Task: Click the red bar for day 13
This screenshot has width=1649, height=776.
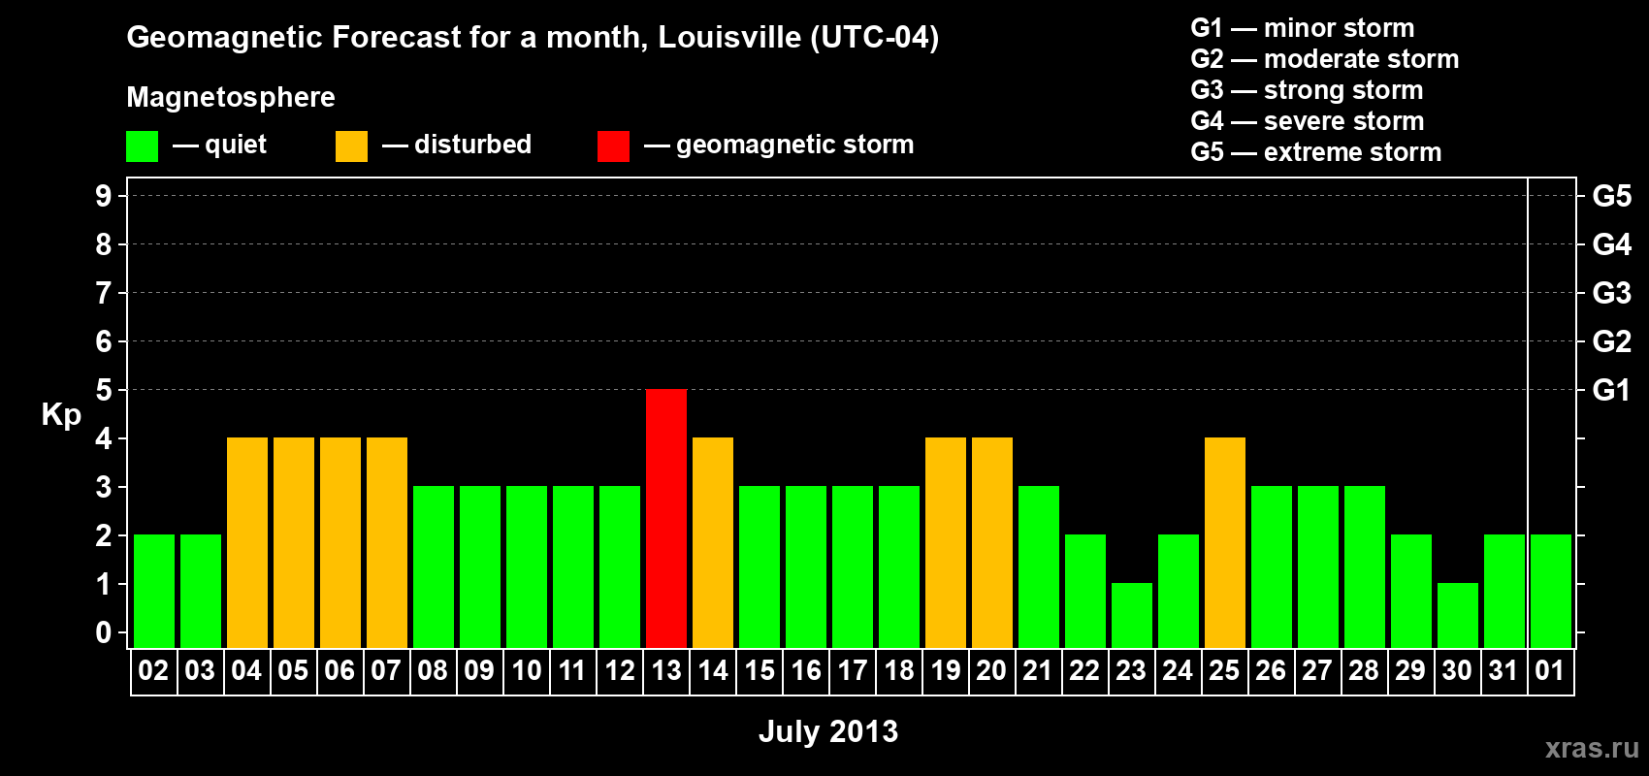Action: (666, 518)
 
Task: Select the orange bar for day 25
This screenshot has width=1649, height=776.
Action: (1225, 542)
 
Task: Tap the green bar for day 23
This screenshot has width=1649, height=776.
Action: (1132, 615)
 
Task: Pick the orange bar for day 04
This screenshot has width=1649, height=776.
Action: (247, 542)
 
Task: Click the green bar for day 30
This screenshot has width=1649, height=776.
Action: (1458, 615)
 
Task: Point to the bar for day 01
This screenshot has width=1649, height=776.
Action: (1551, 591)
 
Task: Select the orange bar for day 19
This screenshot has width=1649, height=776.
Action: (946, 542)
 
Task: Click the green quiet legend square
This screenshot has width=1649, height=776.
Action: (143, 146)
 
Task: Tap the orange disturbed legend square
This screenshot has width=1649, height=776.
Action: (351, 146)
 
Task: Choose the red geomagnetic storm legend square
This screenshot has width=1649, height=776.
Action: (613, 146)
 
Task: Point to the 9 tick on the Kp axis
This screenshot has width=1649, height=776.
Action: (104, 196)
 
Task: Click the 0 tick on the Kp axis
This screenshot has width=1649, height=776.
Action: (104, 633)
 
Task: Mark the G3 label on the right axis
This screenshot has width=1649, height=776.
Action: (1611, 293)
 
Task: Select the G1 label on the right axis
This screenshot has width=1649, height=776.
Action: (1611, 390)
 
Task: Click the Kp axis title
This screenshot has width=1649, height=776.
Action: (61, 415)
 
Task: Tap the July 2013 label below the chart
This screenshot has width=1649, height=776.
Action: (828, 731)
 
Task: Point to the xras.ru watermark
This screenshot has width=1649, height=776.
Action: (1592, 748)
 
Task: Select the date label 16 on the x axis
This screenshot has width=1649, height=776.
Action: (806, 671)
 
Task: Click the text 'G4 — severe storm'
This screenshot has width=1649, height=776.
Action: (1308, 121)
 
